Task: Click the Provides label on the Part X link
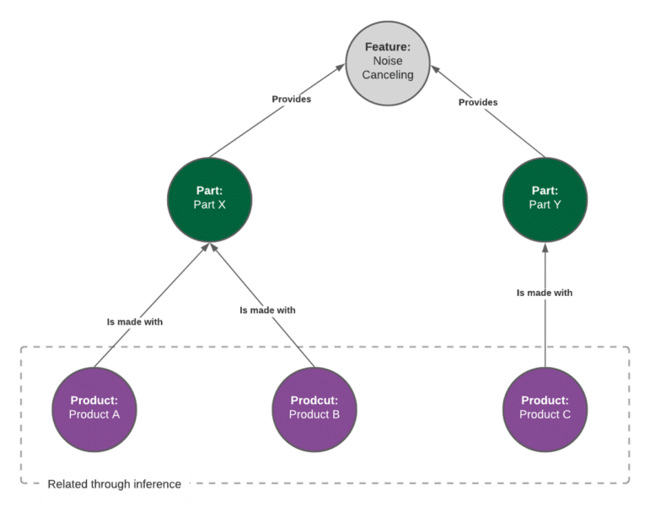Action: (x=291, y=100)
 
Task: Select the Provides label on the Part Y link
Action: (x=477, y=103)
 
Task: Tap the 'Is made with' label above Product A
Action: (x=135, y=322)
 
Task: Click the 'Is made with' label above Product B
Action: (x=267, y=310)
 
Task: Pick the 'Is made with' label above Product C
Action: (x=545, y=293)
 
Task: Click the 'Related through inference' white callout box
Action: (x=114, y=485)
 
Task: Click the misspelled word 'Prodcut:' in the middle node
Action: (x=314, y=401)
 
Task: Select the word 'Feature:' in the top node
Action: (x=389, y=48)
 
